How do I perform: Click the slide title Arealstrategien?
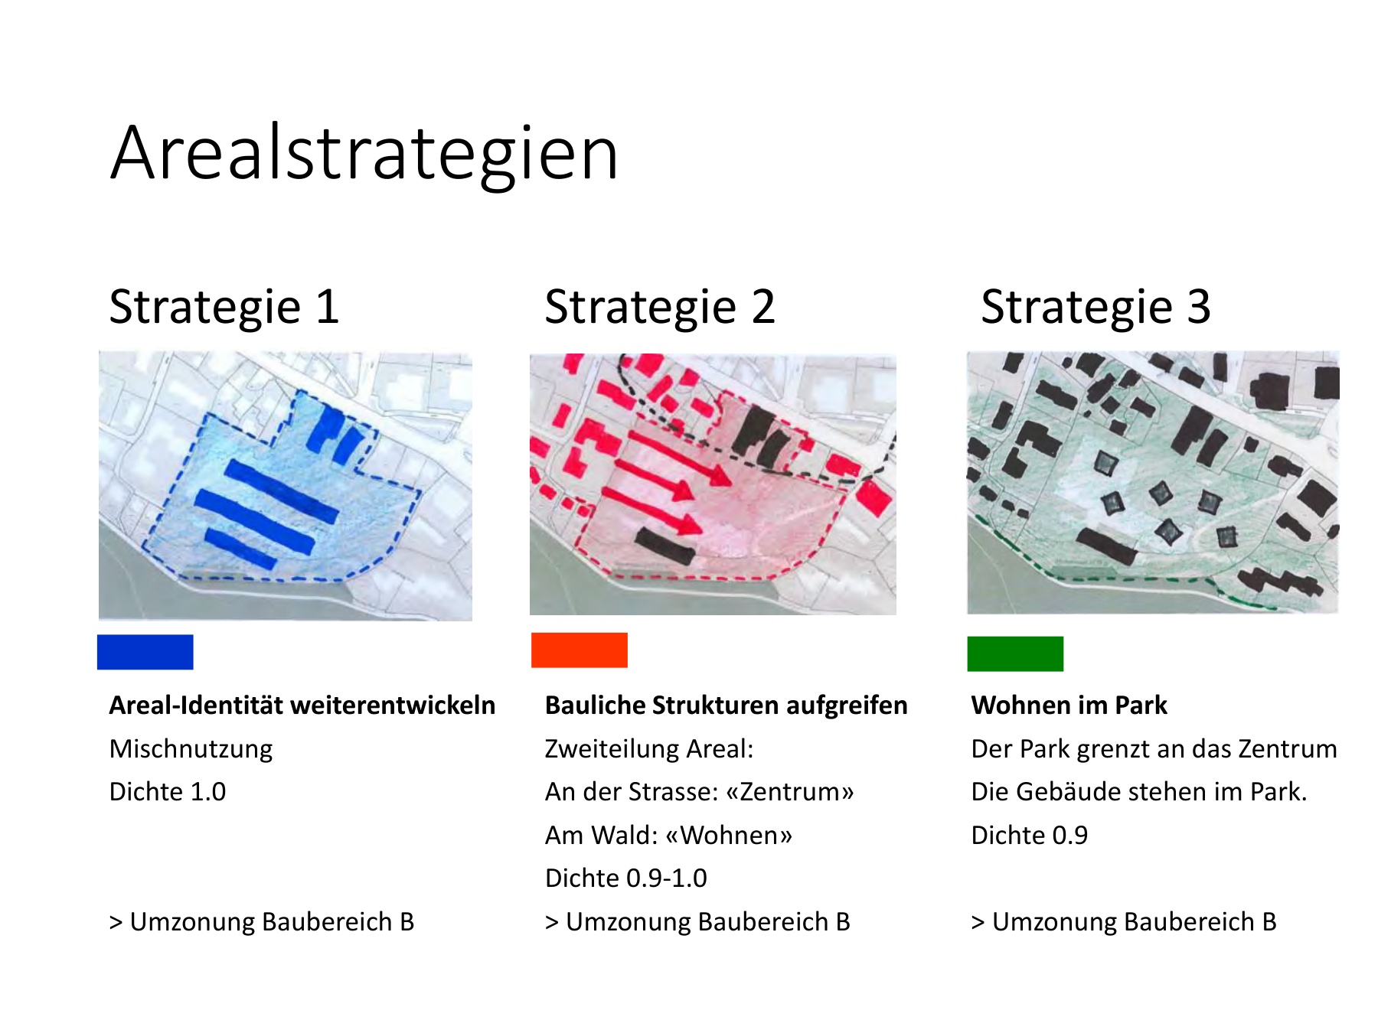pos(364,155)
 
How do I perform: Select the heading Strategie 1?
pos(224,308)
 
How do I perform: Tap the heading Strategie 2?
pos(660,308)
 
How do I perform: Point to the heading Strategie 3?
pos(1096,308)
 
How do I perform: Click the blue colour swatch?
pos(145,652)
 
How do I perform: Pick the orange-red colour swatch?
pos(580,650)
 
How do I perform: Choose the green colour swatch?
pos(1015,653)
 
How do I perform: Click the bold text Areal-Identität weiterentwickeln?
pos(302,706)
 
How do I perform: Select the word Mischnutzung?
pos(191,749)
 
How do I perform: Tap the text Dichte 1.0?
pos(168,792)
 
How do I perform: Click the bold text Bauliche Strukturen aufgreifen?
pos(727,706)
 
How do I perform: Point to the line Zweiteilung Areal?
pos(649,749)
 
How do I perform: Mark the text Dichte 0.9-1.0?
pos(626,878)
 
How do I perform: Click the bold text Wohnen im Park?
pos(1069,706)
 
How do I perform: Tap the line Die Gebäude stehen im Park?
pos(1139,792)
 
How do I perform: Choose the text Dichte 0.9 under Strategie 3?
pos(1030,836)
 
